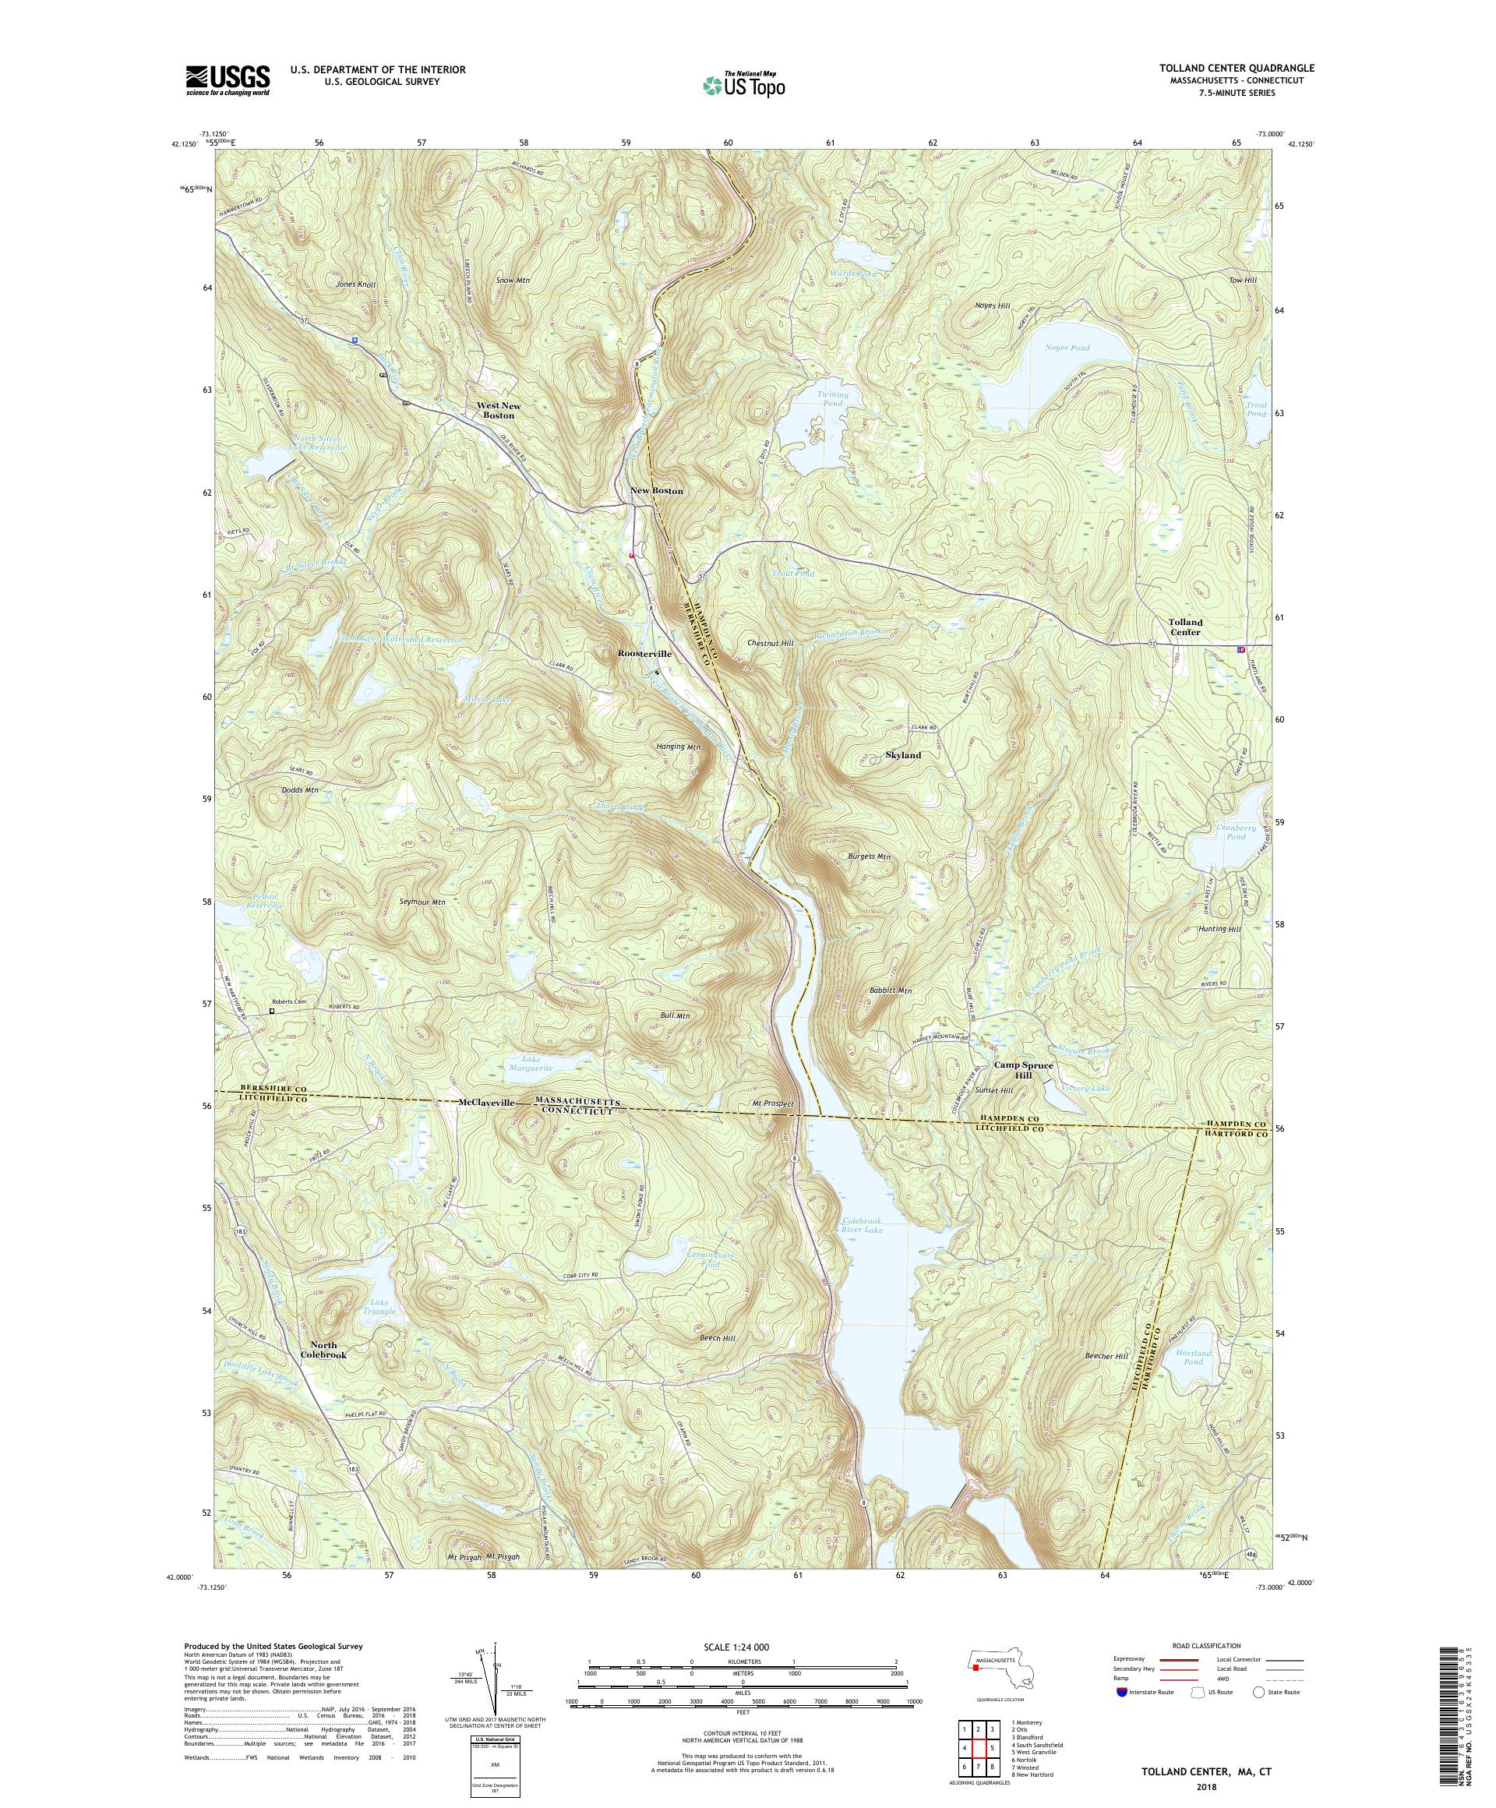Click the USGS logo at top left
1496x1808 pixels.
tap(228, 80)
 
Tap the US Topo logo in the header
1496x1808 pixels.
tap(743, 84)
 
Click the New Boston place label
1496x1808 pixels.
tap(656, 491)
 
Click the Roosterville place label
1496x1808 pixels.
tap(644, 654)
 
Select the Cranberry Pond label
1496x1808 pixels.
tap(1235, 832)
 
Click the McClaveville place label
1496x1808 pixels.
tap(486, 1103)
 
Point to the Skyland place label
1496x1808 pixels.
tap(903, 755)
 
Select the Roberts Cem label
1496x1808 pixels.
tap(289, 1001)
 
